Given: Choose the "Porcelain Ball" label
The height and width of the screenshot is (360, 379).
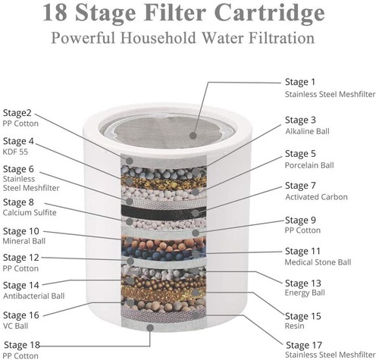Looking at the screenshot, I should click(309, 164).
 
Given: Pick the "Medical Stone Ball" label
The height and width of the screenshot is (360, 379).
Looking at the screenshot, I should click(318, 262).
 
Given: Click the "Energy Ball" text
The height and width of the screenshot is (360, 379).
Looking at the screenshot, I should click(304, 294).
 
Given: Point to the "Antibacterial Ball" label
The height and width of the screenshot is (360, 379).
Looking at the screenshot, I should click(33, 296).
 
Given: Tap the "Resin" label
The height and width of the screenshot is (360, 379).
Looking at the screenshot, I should click(294, 327).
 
